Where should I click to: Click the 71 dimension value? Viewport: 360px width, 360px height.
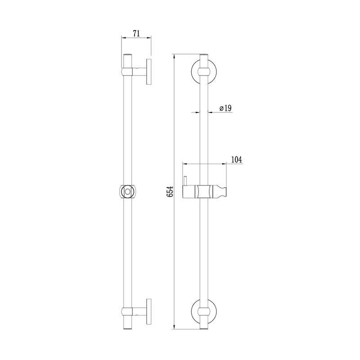coord(136,33)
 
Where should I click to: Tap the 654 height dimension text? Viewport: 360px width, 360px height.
coord(170,192)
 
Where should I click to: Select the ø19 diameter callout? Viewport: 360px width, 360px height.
coord(225,108)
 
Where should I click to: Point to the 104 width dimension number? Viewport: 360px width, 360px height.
coord(236,160)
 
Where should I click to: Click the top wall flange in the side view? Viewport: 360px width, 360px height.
coord(149,72)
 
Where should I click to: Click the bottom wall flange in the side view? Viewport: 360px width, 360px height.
coord(149,311)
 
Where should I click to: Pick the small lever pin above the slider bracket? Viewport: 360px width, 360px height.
coord(185,181)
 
